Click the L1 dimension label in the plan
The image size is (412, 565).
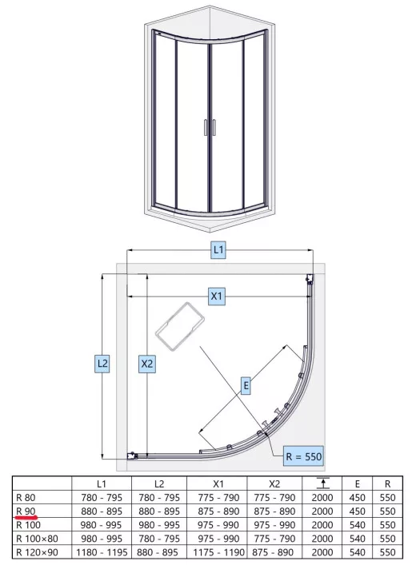(218, 249)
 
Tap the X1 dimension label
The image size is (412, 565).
(217, 296)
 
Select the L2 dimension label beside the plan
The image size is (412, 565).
(102, 363)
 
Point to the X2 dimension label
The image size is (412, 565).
(147, 364)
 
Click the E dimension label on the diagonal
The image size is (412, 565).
(246, 385)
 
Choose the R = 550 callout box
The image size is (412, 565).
(303, 456)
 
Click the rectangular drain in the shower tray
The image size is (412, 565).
(180, 327)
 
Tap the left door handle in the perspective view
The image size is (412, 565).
(206, 128)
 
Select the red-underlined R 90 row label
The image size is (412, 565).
(26, 511)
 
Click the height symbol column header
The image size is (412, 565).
(322, 483)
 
